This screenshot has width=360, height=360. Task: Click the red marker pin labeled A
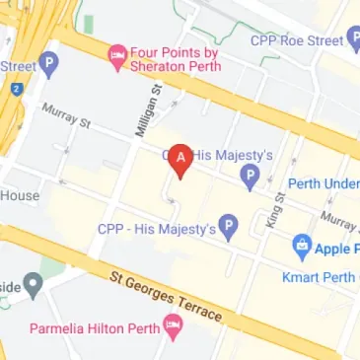(x=180, y=159)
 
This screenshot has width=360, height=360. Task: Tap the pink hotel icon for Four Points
(x=117, y=52)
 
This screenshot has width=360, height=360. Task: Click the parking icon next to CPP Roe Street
(x=354, y=40)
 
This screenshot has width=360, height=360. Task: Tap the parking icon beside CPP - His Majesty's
(x=229, y=229)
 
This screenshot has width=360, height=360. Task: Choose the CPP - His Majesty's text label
(x=156, y=229)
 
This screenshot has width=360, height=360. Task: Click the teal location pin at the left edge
(x=34, y=287)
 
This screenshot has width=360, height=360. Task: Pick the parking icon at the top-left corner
(x=49, y=66)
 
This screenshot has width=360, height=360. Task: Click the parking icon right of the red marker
(x=251, y=179)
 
